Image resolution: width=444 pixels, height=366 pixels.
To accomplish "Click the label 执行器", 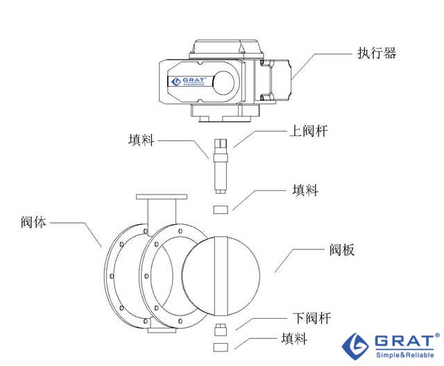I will pos(377,53).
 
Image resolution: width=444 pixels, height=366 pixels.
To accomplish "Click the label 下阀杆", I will pos(311,318).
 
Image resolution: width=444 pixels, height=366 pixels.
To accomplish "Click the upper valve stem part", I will pos(221,165).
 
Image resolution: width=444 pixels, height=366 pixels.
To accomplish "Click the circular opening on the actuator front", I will pos(224,83).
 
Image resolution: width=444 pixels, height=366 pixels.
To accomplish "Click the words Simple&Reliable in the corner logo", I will pos(407,354).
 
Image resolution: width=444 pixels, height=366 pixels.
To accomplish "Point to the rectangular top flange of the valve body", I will pos(162,199).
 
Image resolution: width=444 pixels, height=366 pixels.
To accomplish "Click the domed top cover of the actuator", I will pos(225,47).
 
